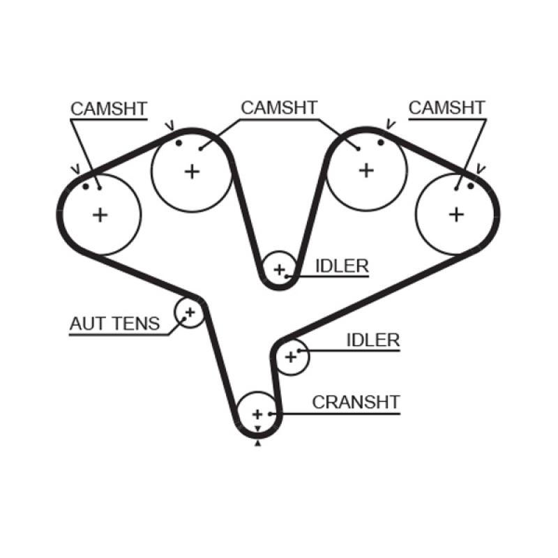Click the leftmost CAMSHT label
pos(108,109)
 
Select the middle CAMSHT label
pos(278,107)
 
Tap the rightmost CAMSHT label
pos(446,107)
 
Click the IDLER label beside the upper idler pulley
pos(342,266)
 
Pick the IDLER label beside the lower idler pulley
pos(373,340)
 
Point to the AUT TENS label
pos(114,324)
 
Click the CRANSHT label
pos(356,402)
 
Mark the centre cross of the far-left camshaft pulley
pos(101,214)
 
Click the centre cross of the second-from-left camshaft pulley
pos(192,171)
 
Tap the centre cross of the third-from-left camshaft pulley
pos(366,170)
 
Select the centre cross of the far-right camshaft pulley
pos(456,213)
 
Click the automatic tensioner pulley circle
pos(188,312)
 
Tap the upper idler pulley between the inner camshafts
pos(280,269)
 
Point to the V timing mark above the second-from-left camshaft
pos(169,126)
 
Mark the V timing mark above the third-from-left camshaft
pos(389,125)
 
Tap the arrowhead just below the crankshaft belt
pos(257,442)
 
